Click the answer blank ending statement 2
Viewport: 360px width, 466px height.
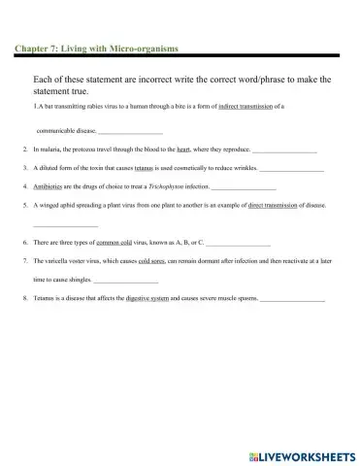(284, 151)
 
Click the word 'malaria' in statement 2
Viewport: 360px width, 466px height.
(50, 150)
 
